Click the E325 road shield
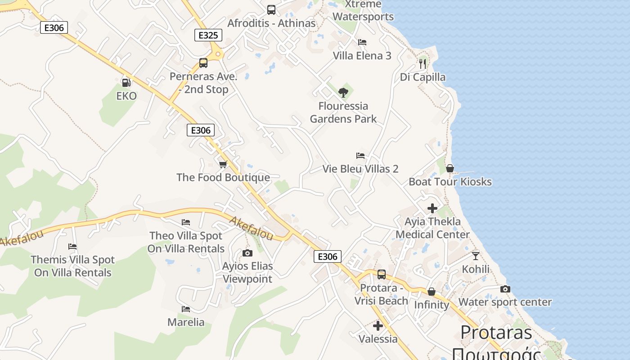tap(208, 35)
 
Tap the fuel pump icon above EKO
tap(126, 83)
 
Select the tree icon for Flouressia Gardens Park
tap(343, 93)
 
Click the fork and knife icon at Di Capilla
tap(422, 64)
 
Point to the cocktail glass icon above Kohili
tap(476, 256)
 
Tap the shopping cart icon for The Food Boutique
tap(223, 164)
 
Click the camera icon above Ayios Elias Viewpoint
tap(247, 253)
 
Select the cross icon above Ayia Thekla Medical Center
tap(432, 208)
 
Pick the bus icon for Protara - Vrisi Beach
tap(382, 274)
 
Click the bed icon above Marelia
tap(185, 309)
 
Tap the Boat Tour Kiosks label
tap(450, 182)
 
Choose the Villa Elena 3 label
tap(362, 56)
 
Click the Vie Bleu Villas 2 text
tap(360, 169)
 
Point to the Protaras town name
tap(496, 333)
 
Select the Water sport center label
tap(505, 302)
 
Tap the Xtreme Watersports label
tap(363, 11)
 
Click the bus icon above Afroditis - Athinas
tap(271, 10)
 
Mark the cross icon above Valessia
tap(378, 326)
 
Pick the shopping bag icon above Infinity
tap(431, 292)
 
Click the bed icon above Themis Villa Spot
tap(72, 247)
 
